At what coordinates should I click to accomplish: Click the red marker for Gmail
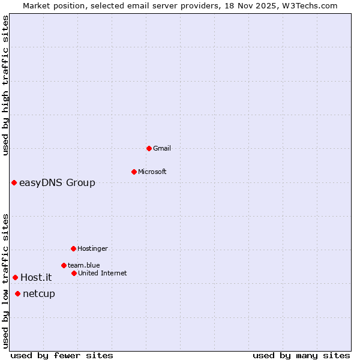149,148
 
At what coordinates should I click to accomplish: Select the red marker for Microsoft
134,172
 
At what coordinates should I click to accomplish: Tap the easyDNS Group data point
14,182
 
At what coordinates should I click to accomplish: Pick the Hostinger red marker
73,248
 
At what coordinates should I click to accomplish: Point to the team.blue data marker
64,265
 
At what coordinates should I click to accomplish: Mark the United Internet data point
74,273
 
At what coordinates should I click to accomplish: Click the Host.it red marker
15,277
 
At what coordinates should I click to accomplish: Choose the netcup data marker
18,293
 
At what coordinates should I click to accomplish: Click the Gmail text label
162,148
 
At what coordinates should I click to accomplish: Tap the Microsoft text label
152,172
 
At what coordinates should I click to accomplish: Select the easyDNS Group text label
57,182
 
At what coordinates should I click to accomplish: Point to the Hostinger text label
92,248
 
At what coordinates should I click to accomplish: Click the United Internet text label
102,273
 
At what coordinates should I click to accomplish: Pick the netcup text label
39,293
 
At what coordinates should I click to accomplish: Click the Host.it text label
36,277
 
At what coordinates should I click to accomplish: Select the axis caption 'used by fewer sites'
62,355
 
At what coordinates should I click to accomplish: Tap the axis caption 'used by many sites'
301,355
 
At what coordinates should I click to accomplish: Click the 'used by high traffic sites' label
5,86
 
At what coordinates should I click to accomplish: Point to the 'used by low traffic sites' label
5,281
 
